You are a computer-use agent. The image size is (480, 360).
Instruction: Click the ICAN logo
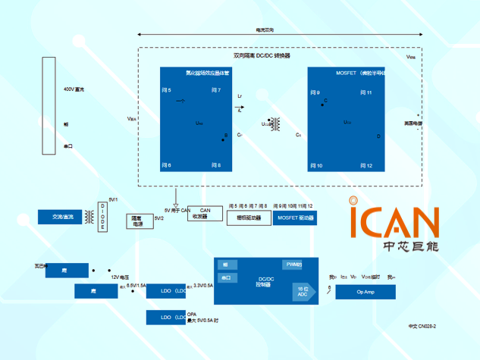click(394, 223)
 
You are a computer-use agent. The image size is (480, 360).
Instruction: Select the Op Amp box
click(365, 292)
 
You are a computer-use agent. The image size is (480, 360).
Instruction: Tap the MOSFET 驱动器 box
click(294, 218)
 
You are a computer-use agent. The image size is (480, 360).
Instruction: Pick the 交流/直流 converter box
click(63, 218)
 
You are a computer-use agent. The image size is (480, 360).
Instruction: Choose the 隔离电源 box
click(137, 221)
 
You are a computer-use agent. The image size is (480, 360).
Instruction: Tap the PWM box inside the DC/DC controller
click(293, 265)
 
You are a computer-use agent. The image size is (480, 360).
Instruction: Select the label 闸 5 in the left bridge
click(167, 90)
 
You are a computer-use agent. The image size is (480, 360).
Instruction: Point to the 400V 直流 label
click(74, 90)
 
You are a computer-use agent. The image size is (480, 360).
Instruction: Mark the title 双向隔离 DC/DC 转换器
click(262, 56)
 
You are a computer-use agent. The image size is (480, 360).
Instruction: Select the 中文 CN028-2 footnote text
click(422, 326)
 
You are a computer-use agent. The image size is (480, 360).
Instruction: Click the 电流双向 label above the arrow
click(265, 30)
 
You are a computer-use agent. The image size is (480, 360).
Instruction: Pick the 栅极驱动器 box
click(248, 218)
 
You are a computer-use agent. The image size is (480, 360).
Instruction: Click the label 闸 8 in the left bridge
click(215, 164)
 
